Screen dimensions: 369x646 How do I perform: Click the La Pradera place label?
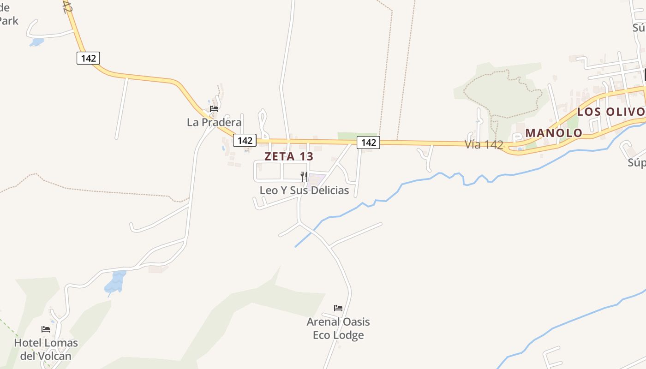214,122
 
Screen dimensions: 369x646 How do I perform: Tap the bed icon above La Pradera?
214,109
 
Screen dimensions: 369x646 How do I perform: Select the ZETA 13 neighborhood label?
289,156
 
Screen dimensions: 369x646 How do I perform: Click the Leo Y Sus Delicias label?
304,190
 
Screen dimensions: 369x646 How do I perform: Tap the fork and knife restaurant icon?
304,176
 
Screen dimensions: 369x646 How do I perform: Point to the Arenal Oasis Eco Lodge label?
338,328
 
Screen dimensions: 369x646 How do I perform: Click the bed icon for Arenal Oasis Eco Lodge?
338,308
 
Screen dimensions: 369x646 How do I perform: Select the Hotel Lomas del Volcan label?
46,350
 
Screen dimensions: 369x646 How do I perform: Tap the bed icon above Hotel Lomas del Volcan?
46,329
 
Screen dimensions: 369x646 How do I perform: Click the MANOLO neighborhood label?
554,133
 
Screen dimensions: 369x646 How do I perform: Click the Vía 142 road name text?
484,144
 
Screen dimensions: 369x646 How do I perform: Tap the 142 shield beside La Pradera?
245,140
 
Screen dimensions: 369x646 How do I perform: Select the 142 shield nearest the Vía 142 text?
368,143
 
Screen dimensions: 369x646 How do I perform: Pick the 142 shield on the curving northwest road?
88,58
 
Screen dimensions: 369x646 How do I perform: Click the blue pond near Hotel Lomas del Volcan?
115,282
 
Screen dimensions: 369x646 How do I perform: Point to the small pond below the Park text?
36,42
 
